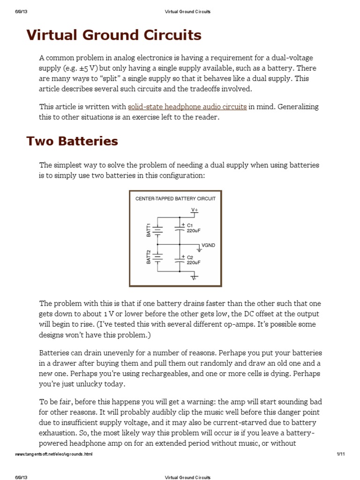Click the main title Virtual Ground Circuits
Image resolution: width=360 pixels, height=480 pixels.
[114, 35]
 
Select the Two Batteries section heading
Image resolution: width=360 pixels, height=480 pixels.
[72, 141]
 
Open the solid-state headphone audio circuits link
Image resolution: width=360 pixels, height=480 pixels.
[187, 107]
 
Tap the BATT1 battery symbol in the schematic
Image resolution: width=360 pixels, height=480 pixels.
[158, 230]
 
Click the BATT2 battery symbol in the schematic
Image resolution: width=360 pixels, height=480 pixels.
[158, 257]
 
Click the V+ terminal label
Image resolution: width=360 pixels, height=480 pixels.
[194, 210]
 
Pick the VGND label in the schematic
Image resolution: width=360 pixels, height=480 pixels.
[208, 245]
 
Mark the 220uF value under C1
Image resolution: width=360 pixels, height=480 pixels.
[195, 231]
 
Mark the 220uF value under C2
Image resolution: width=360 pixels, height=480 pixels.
[195, 263]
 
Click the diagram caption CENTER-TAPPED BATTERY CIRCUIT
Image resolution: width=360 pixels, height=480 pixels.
[175, 199]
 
